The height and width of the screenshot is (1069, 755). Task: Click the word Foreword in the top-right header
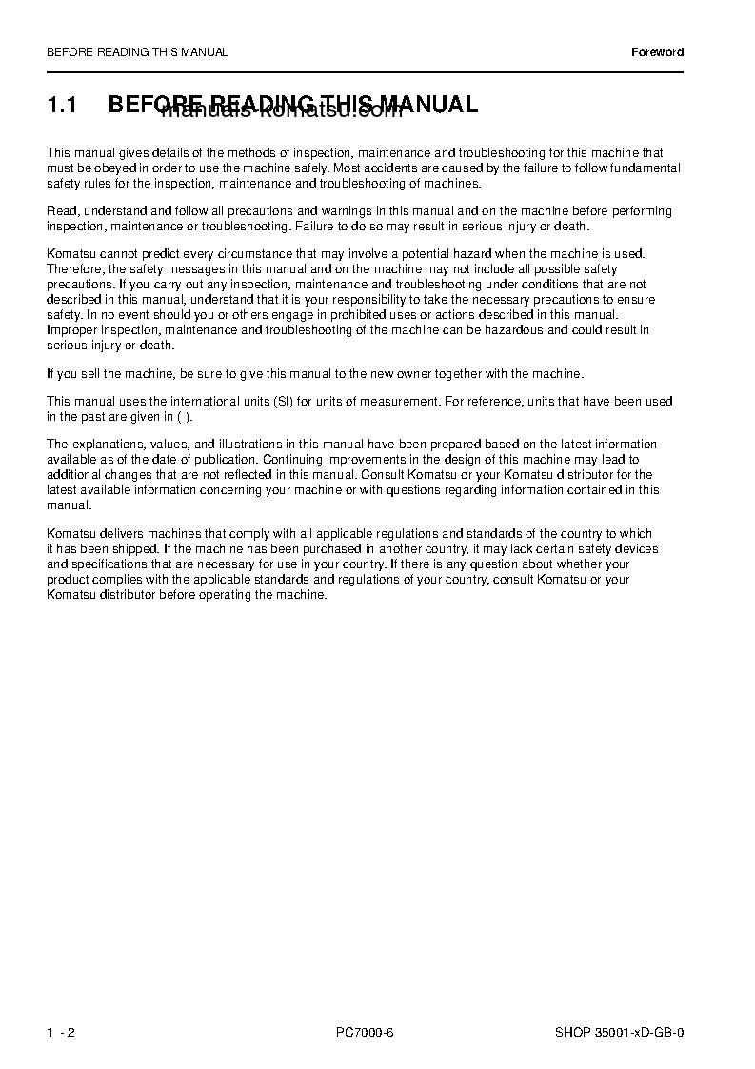tap(657, 52)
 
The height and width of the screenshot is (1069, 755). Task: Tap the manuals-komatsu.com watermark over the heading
tap(282, 113)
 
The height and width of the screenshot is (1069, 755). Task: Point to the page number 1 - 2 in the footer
tap(60, 1032)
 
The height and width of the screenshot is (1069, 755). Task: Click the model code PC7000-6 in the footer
tap(365, 1032)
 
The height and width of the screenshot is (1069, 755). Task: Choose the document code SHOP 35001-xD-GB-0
tap(619, 1032)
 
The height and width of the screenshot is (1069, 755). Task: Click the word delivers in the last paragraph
tap(114, 534)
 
